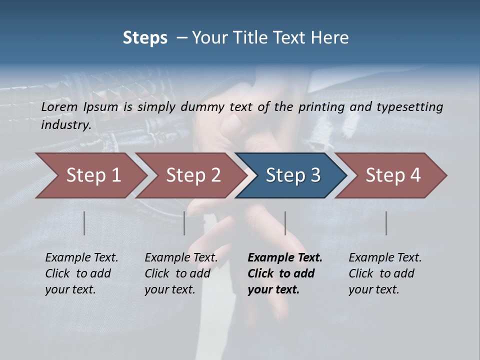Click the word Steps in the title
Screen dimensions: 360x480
(x=145, y=38)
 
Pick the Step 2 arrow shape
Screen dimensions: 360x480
(x=190, y=175)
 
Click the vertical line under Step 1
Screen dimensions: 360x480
(x=84, y=223)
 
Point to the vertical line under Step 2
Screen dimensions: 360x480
(x=184, y=223)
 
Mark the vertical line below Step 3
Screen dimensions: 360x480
(x=285, y=223)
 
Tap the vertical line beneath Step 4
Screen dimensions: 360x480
(x=386, y=223)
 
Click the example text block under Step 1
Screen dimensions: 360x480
(x=81, y=273)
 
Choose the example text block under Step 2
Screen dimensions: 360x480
(x=181, y=273)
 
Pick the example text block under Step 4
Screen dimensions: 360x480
(x=385, y=273)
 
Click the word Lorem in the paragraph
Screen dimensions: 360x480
(x=59, y=107)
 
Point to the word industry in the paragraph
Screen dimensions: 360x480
(x=66, y=125)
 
